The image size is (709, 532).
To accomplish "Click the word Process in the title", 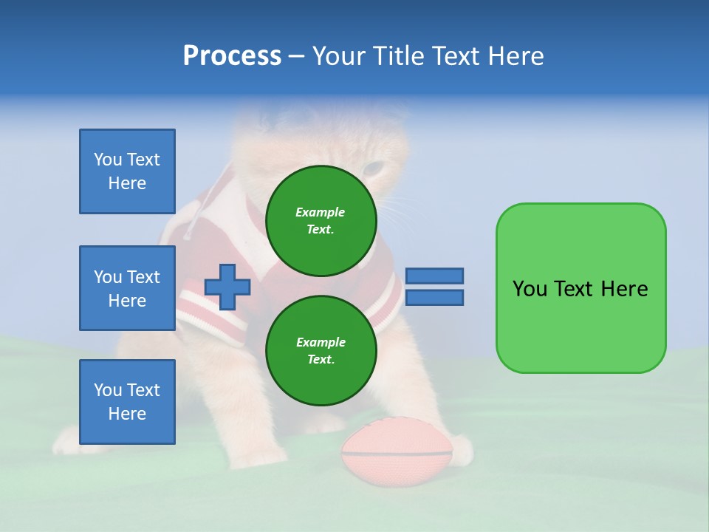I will pos(232,56).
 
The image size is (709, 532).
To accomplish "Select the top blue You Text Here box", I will pos(127,171).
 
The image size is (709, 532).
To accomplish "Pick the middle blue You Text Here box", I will pos(127,288).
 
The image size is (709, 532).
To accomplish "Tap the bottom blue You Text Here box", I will pos(127,402).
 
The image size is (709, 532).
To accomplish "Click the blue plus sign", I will pos(227,287).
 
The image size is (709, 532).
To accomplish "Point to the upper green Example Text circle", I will pos(321,220).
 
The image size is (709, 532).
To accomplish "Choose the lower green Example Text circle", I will pos(321,350).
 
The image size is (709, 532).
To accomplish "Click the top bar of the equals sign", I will pos(435,276).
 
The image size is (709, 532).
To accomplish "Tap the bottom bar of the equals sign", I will pos(435,298).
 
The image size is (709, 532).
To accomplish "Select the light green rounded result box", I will pos(580,288).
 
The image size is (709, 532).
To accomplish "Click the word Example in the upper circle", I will pos(321,212).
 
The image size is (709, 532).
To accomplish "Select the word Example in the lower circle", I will pos(321,342).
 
